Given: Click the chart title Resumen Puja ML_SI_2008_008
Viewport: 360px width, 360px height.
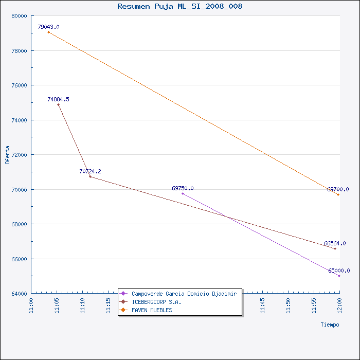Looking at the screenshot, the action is point(180,6).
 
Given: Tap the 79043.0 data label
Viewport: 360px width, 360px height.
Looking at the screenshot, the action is point(48,27).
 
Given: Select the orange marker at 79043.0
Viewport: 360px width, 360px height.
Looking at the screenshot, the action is point(48,32).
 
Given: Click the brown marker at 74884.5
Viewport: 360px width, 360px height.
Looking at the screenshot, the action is point(58,105).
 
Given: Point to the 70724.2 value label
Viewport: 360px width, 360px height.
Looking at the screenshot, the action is point(90,171).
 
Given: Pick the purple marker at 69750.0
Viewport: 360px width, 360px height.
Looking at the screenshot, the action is point(183,193).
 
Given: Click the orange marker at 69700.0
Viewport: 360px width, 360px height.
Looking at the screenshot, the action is point(338,195).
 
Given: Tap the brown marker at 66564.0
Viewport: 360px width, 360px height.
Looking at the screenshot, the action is point(335,248).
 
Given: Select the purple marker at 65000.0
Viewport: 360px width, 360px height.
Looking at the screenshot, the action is point(339,276).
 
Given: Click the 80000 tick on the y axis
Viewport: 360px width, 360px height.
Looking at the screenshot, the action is point(19,16).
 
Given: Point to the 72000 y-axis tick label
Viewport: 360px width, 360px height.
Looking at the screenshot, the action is point(19,155).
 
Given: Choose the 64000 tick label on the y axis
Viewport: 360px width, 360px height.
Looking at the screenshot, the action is point(19,294).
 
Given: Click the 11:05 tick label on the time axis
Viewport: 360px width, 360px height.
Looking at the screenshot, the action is point(57,305).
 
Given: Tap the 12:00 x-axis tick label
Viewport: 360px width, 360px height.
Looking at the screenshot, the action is point(339,305).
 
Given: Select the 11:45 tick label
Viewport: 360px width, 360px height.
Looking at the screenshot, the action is point(262,305).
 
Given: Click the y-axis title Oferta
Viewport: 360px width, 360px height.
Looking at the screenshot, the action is point(7,155).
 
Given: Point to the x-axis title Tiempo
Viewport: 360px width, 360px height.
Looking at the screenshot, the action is point(330,325).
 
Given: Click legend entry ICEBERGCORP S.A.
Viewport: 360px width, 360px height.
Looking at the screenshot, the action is point(156,302).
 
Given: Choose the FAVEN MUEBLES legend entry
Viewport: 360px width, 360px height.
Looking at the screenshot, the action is point(152,310).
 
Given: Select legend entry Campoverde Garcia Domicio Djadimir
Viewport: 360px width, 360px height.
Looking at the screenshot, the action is point(184,294).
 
